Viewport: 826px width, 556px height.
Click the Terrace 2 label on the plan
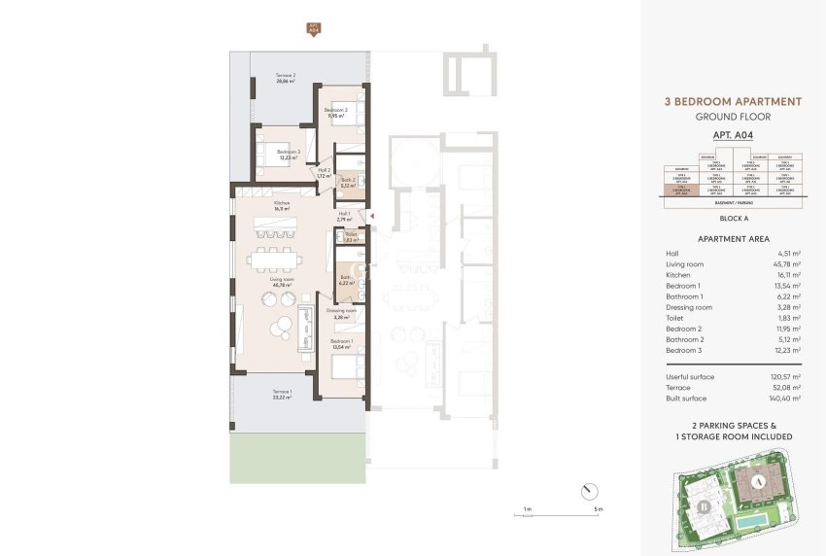(x=285, y=75)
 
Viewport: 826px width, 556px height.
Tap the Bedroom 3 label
(x=289, y=152)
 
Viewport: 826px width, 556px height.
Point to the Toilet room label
(x=351, y=233)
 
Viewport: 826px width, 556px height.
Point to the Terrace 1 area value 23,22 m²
(x=285, y=397)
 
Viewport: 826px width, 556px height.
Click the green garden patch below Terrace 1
(x=298, y=458)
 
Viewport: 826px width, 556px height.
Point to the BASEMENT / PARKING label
(x=734, y=204)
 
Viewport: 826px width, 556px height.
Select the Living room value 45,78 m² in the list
(x=788, y=263)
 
